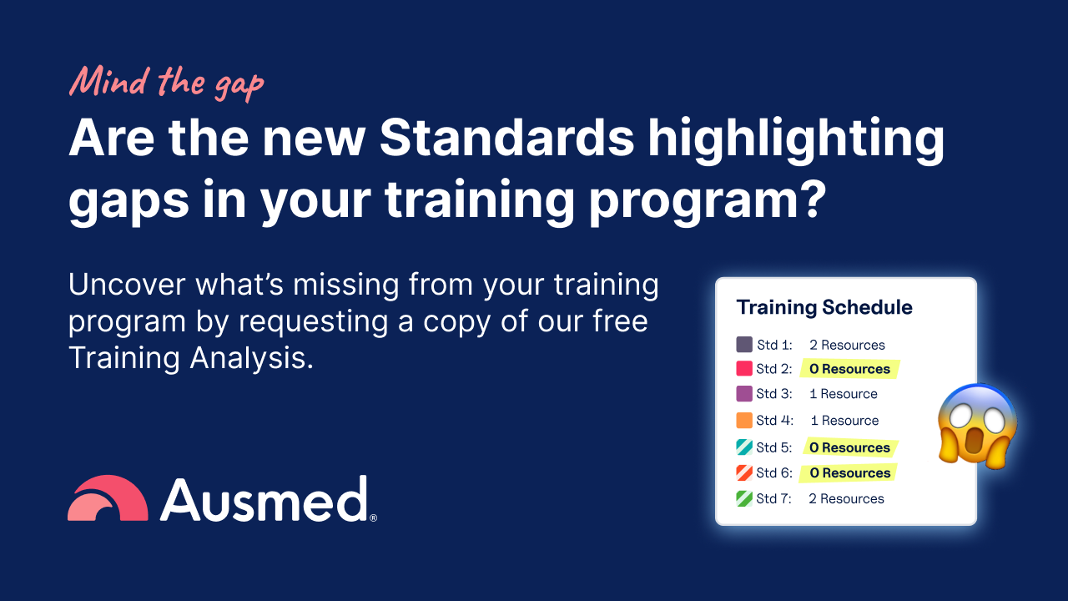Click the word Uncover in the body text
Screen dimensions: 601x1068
click(127, 285)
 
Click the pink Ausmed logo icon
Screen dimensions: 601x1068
click(108, 499)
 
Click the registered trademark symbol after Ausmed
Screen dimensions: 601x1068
click(373, 518)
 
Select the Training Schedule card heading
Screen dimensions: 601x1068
click(824, 307)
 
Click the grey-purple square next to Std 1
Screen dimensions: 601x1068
click(744, 345)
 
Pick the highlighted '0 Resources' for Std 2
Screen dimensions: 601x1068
click(849, 369)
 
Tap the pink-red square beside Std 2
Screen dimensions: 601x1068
click(744, 369)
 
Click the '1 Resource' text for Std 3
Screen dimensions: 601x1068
click(843, 394)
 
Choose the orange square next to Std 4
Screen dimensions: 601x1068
click(744, 421)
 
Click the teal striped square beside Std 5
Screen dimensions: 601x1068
click(744, 447)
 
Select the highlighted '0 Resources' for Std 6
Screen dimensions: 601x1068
click(849, 473)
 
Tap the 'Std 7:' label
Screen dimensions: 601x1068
click(773, 499)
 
